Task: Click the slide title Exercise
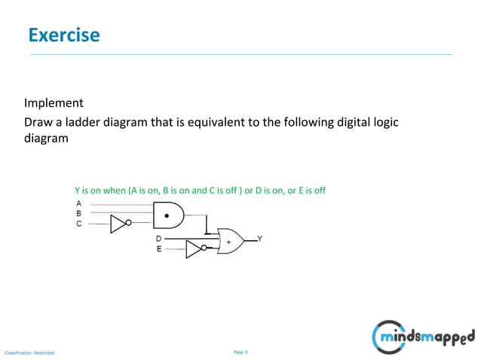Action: click(63, 35)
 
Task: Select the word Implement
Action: click(54, 103)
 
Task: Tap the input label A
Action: click(79, 203)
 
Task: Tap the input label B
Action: click(79, 213)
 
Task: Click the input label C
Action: click(79, 224)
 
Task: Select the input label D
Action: click(159, 239)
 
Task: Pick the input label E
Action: click(159, 249)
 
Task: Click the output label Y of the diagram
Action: click(260, 239)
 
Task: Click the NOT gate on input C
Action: click(119, 224)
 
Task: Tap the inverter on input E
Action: click(195, 249)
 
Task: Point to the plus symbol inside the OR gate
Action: click(228, 242)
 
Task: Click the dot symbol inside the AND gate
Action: click(167, 215)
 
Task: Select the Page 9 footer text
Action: click(240, 352)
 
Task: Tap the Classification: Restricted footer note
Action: click(30, 352)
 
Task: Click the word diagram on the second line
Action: click(46, 139)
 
